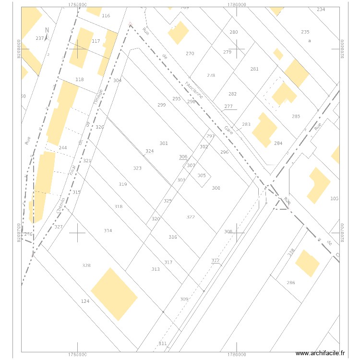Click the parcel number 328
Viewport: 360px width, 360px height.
tap(86, 265)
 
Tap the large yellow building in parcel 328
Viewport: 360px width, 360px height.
tap(114, 294)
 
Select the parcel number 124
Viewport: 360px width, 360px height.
tap(85, 301)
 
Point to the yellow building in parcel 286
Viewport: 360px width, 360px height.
tap(307, 264)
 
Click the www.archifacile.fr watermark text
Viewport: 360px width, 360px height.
tap(320, 353)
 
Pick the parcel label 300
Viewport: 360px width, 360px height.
tap(216, 188)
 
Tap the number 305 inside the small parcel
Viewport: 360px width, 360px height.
tap(202, 176)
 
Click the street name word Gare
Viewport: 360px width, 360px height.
tap(229, 130)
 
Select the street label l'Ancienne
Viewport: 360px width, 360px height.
tap(194, 90)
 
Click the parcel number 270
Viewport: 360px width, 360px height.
tap(190, 54)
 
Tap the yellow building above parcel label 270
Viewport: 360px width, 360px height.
tap(178, 33)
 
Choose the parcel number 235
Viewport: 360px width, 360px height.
tap(305, 32)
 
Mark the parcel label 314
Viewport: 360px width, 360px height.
tap(108, 231)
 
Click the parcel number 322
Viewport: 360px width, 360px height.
tap(191, 217)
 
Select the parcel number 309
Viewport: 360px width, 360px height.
tap(184, 299)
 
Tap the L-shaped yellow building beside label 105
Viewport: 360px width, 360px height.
tap(318, 184)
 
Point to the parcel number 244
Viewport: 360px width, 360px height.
tap(62, 148)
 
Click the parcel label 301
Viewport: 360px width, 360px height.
tap(164, 144)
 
